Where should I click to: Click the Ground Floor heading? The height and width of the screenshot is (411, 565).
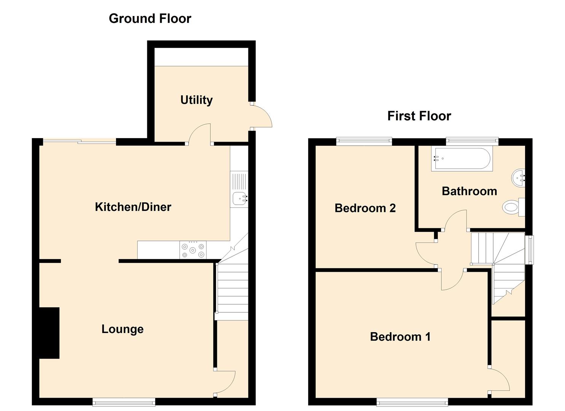150,19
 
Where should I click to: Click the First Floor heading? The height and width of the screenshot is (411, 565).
419,116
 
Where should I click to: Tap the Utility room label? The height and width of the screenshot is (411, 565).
196,100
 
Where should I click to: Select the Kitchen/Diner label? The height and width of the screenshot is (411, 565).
133,207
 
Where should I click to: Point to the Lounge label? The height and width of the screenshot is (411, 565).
123,329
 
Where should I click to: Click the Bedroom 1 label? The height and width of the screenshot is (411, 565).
400,336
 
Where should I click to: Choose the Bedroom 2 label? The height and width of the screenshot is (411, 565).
365,208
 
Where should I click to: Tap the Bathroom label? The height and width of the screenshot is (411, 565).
470,191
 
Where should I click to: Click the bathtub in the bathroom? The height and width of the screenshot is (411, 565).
462,158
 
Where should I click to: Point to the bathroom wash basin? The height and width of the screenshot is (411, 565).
518,178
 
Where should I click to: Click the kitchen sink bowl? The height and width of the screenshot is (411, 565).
240,199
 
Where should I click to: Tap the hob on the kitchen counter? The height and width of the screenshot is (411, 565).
193,250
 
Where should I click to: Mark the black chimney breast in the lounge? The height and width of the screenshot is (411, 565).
49,333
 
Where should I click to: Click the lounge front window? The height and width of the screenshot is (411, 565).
124,402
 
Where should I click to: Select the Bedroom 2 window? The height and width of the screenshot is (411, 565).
364,141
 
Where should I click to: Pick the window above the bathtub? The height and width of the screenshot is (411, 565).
472,141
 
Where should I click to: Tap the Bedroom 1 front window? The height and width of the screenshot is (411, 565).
412,402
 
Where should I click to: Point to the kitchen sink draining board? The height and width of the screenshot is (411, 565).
239,182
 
